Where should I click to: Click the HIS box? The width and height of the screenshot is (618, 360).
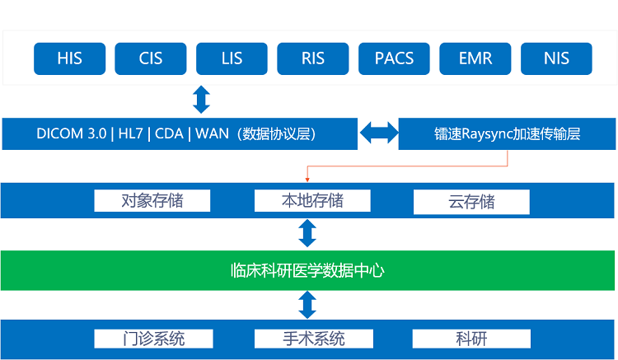click(x=70, y=59)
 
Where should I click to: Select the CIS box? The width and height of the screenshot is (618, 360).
click(x=151, y=59)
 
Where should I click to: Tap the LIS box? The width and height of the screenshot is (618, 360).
click(x=232, y=59)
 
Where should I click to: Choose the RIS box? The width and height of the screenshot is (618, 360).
click(x=312, y=59)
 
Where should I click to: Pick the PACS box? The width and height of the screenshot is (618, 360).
click(x=394, y=59)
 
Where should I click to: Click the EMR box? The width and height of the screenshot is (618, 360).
click(x=475, y=59)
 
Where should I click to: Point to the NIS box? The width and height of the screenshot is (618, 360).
click(x=556, y=59)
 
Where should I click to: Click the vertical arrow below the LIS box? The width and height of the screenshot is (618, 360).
click(x=201, y=100)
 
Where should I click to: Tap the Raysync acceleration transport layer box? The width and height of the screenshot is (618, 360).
click(x=507, y=133)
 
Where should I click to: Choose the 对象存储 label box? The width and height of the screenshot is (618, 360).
click(x=152, y=200)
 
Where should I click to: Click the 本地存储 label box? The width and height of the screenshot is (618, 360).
click(x=312, y=200)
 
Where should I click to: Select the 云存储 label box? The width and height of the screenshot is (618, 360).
click(x=471, y=201)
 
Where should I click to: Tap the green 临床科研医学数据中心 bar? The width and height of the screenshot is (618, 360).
click(x=308, y=269)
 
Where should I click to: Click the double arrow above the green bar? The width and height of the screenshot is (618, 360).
click(x=307, y=233)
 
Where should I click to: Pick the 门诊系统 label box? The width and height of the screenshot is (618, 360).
click(x=152, y=339)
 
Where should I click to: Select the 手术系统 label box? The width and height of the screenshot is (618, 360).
click(x=312, y=339)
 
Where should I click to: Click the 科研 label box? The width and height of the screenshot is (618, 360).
click(x=471, y=339)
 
